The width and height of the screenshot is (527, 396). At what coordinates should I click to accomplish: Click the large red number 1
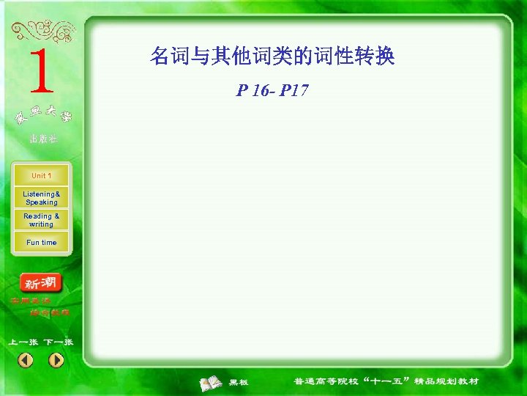pyautogui.click(x=42, y=72)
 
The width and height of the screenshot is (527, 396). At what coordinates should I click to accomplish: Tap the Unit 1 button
pyautogui.click(x=41, y=176)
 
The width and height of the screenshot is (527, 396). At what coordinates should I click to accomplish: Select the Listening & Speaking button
pyautogui.click(x=41, y=198)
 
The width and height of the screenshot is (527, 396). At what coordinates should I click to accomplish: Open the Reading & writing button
pyautogui.click(x=41, y=220)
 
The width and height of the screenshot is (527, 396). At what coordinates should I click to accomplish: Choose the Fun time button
pyautogui.click(x=41, y=243)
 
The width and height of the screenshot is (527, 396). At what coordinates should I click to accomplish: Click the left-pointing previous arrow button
pyautogui.click(x=26, y=360)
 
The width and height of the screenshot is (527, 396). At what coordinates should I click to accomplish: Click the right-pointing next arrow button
pyautogui.click(x=56, y=360)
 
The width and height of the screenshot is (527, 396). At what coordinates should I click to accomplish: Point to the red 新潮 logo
pyautogui.click(x=42, y=283)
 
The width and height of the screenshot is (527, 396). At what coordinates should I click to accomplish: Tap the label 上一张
pyautogui.click(x=23, y=342)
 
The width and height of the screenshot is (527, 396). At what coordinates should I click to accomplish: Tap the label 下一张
pyautogui.click(x=58, y=342)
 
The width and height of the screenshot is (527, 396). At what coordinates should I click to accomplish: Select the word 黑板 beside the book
pyautogui.click(x=239, y=382)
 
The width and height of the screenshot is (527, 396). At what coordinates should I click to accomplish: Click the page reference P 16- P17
pyautogui.click(x=272, y=91)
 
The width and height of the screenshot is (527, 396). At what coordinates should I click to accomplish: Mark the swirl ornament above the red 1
pyautogui.click(x=42, y=31)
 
